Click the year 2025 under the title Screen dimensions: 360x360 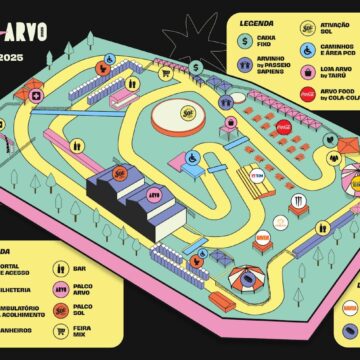(13, 57)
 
